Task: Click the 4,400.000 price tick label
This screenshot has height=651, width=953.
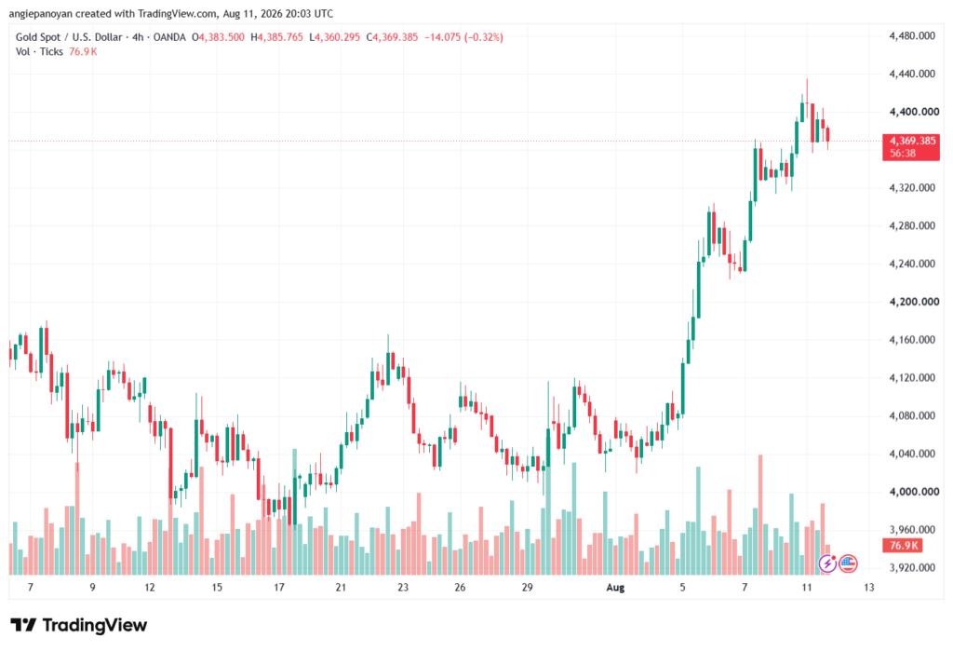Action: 914,112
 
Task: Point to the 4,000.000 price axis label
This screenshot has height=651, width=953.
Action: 914,492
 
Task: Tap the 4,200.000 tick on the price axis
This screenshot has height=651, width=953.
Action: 914,302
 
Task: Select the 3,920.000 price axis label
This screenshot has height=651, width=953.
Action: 912,568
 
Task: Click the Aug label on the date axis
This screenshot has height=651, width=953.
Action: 615,587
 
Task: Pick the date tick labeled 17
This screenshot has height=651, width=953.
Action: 279,587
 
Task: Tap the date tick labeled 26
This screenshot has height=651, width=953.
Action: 460,587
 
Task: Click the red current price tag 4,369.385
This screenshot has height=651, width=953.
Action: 912,142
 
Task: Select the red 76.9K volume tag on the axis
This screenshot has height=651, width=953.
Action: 903,545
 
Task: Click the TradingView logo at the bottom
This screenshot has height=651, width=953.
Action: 79,626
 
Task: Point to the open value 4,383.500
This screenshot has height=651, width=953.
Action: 221,37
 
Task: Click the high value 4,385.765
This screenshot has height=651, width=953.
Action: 280,37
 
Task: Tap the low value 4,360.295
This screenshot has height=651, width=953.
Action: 337,37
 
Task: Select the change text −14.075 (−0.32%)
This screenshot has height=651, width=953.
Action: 463,37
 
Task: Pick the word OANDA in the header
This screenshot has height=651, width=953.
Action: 169,37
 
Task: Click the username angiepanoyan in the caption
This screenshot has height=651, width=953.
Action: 40,13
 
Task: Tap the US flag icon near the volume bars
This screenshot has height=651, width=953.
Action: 849,564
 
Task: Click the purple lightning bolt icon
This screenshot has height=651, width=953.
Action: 827,564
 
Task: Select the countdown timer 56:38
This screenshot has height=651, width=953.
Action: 903,154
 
